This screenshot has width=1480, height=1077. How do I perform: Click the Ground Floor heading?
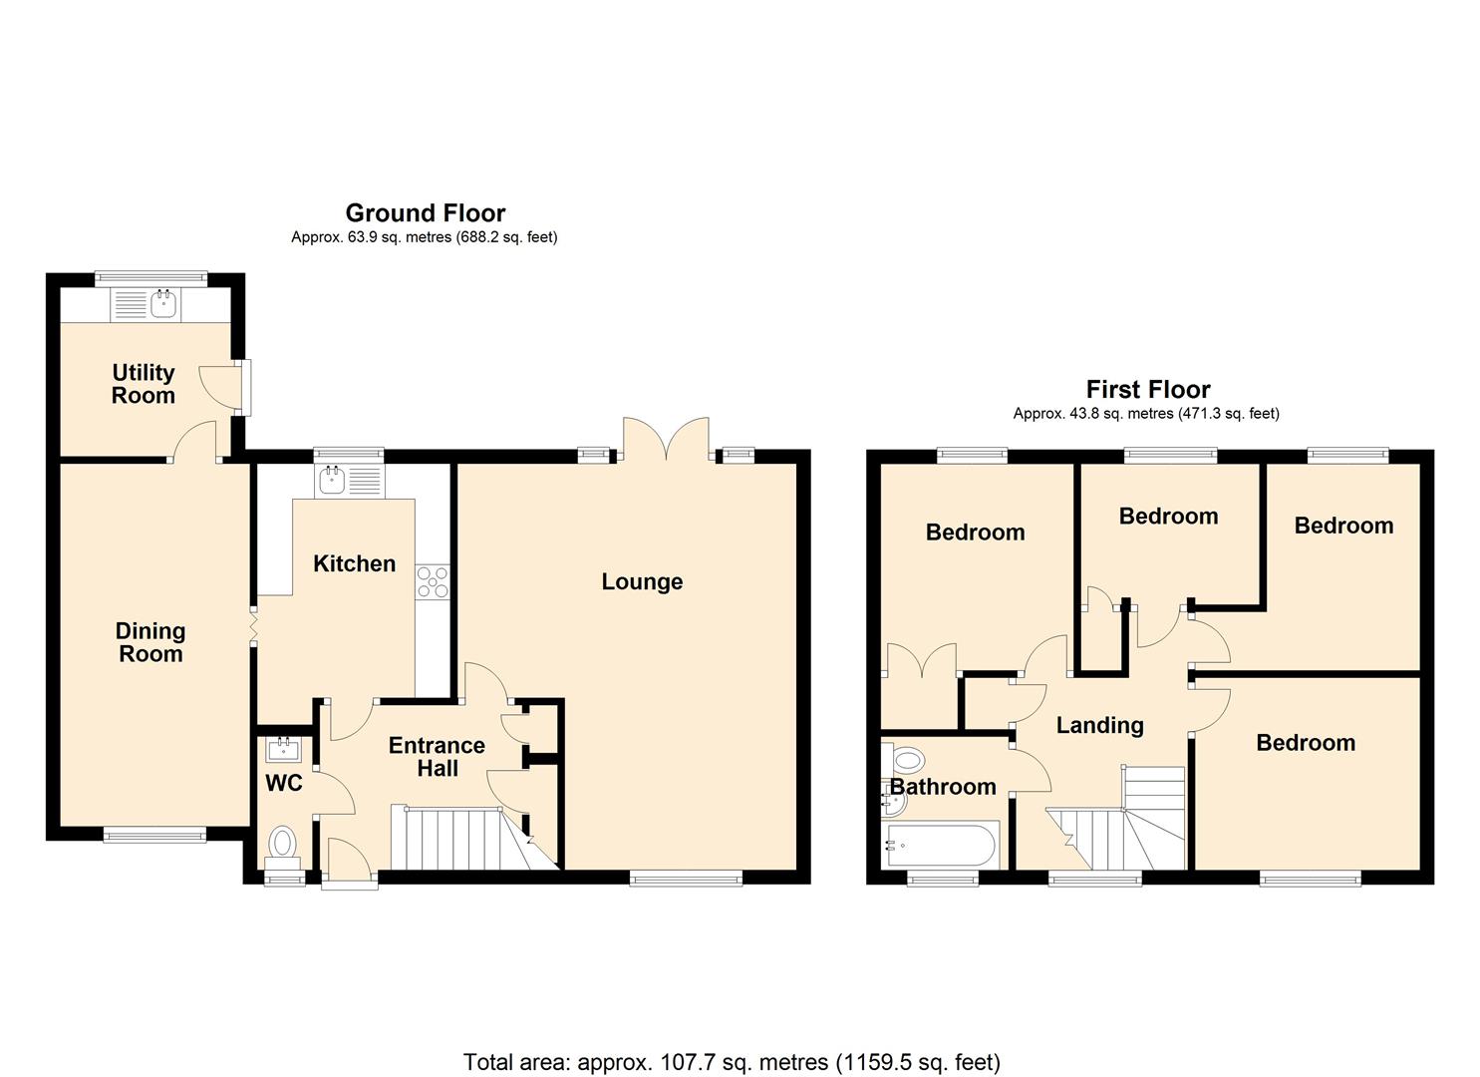pos(426,212)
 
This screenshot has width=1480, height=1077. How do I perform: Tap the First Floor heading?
pos(1148,389)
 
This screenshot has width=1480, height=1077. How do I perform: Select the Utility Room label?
pos(144,384)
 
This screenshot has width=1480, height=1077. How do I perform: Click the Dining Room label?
pos(150,642)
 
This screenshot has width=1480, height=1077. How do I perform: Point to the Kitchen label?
pos(354,564)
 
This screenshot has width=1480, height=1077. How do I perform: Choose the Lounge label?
pos(642,581)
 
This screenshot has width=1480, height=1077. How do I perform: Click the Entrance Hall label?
pos(437,757)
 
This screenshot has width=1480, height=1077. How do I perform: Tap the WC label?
pos(283,784)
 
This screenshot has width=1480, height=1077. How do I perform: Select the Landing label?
pos(1100,725)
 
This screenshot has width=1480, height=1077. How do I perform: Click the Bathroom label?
pos(943,787)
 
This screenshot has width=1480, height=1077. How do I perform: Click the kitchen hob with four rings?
pos(433,582)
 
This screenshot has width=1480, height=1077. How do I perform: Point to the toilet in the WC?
pos(283,848)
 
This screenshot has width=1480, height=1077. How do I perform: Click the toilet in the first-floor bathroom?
pos(904,759)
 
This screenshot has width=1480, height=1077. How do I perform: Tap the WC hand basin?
pos(284,750)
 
